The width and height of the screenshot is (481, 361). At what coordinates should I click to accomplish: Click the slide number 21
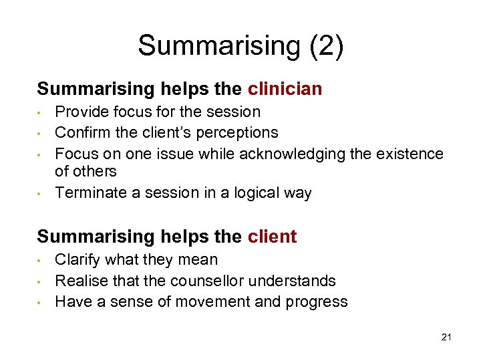coord(446,337)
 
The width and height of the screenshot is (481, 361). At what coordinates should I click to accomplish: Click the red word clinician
coord(285,88)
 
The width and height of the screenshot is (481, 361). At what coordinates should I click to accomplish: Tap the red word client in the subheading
coord(272,236)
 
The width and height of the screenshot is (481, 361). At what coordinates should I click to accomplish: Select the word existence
coord(409,154)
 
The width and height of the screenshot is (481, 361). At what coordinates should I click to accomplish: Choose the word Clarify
coord(78,259)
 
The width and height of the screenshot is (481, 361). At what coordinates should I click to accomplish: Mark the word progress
coord(317,302)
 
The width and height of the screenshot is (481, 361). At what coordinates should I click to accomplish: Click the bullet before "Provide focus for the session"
coord(41,112)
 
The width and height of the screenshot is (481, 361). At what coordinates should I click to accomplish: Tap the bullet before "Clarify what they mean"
coord(41,259)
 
